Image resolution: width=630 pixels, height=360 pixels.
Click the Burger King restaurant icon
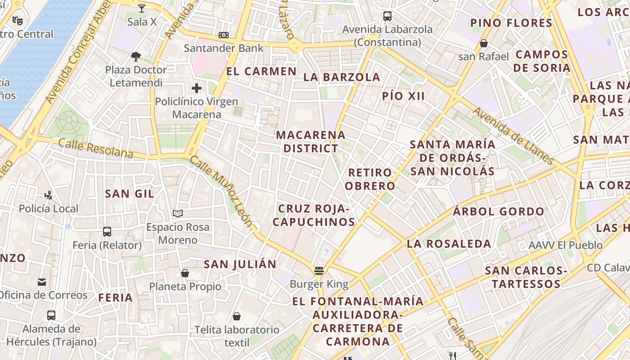(x=319, y=271)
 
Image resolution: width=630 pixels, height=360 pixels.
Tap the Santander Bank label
(x=224, y=48)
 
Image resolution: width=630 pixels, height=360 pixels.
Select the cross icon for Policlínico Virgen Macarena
(x=197, y=88)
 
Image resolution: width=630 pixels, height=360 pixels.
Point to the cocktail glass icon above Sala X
(x=142, y=8)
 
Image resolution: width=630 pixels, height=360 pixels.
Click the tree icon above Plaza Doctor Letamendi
(x=136, y=57)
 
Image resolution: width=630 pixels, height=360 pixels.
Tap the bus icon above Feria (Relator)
(x=107, y=232)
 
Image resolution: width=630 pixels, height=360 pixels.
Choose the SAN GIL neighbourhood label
(x=130, y=194)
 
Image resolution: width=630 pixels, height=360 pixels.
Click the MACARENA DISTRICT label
(x=310, y=141)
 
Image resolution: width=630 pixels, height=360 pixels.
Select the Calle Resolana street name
(x=96, y=149)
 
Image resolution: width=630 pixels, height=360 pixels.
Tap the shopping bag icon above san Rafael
(x=484, y=44)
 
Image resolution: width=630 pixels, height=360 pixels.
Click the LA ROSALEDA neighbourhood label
(x=449, y=244)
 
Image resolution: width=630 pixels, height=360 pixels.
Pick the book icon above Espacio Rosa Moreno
(x=178, y=214)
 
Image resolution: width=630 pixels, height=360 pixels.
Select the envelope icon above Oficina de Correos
(x=42, y=282)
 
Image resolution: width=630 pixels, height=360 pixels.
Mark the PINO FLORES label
(x=511, y=23)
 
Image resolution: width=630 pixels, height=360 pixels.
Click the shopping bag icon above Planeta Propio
(x=185, y=273)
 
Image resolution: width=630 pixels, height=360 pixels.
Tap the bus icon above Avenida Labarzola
(x=387, y=16)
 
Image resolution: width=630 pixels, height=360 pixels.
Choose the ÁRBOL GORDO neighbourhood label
(x=499, y=211)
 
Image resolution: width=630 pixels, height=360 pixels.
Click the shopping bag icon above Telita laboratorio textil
(x=237, y=317)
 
